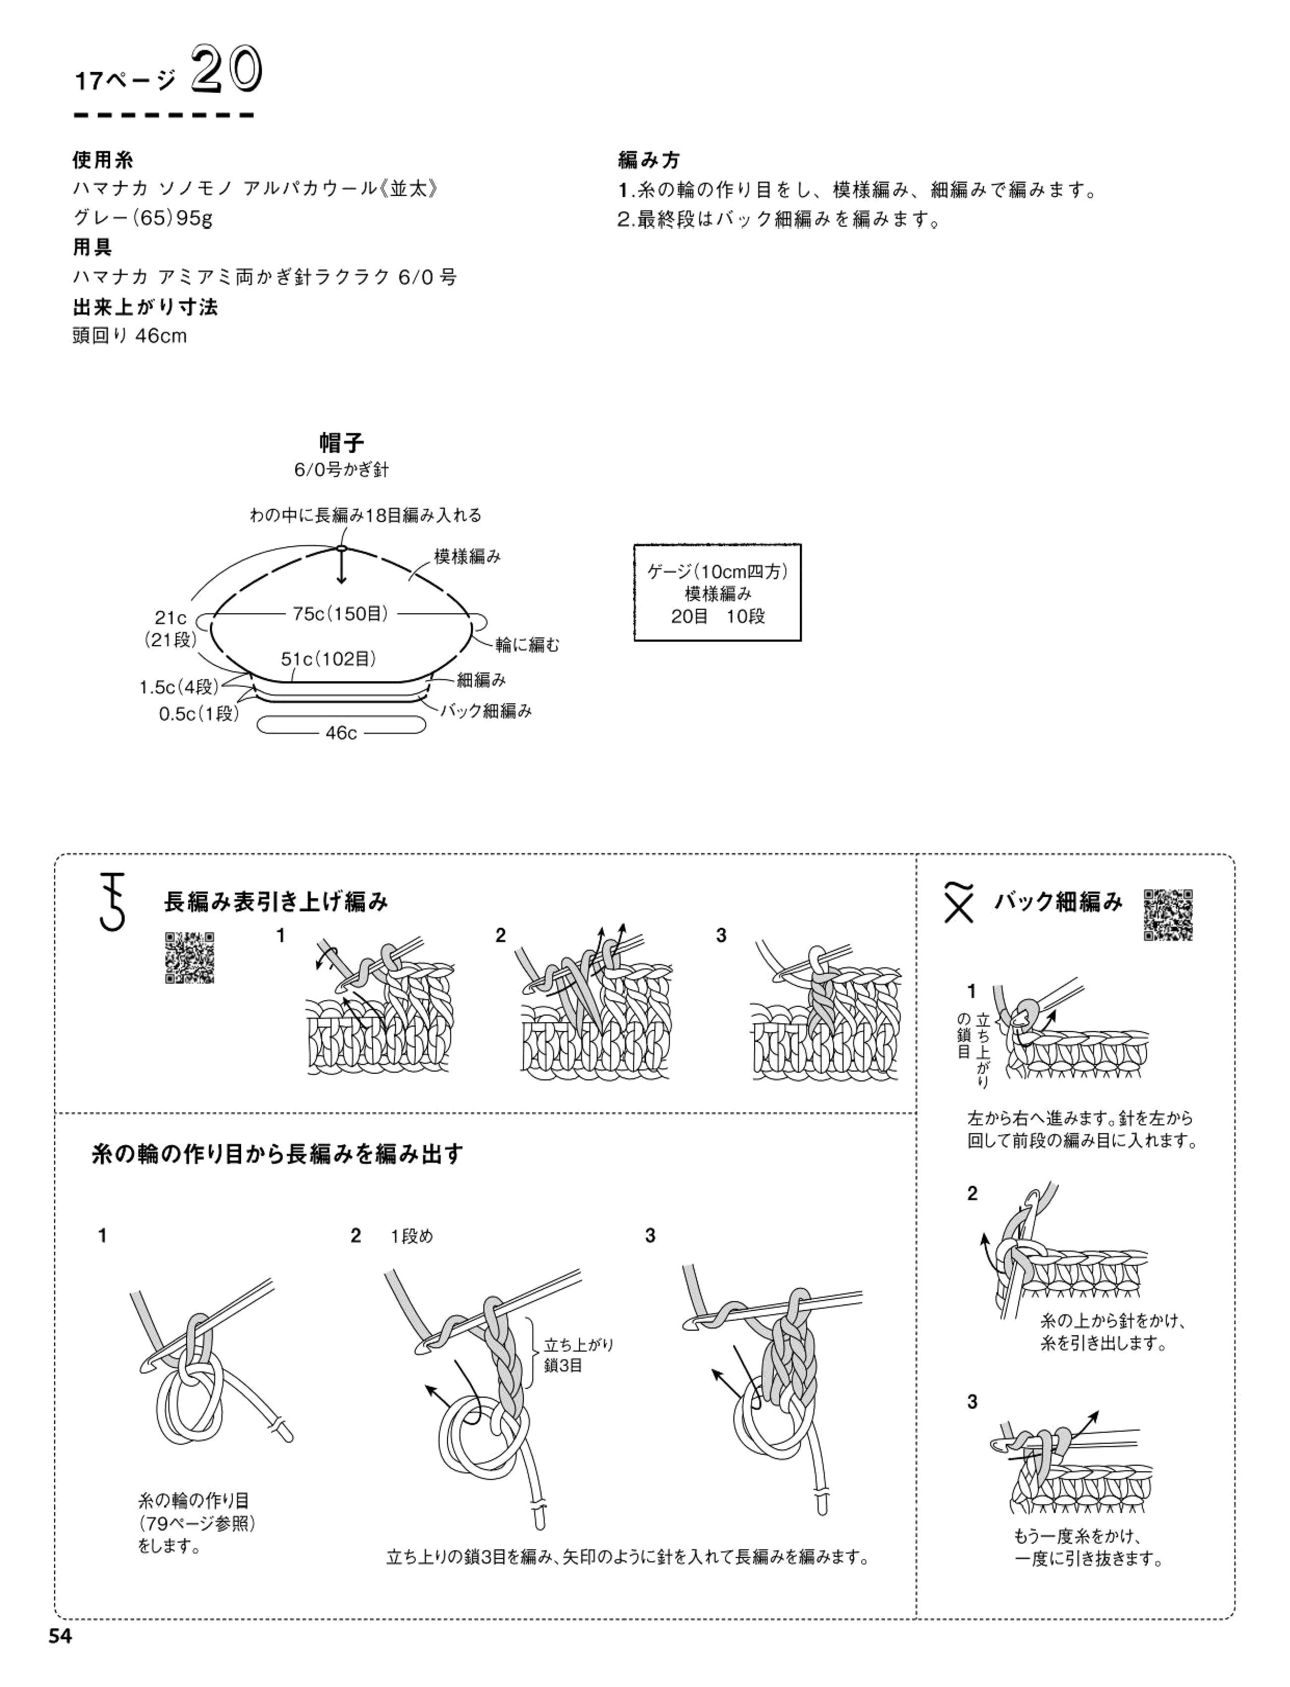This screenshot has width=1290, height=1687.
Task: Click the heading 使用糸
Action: (x=103, y=160)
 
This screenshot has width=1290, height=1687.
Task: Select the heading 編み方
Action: (x=649, y=160)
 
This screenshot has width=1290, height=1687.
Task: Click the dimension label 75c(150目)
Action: (x=340, y=614)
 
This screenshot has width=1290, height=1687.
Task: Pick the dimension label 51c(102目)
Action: (x=328, y=659)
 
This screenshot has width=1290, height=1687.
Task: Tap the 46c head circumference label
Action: (x=341, y=732)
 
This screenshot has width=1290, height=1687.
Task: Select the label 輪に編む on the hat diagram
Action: (x=527, y=645)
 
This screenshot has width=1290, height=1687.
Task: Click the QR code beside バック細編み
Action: (x=1168, y=914)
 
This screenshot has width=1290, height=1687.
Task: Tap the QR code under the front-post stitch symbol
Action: (x=190, y=958)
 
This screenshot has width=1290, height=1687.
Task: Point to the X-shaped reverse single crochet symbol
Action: (x=960, y=904)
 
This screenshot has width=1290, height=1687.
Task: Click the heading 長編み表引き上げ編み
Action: (x=276, y=902)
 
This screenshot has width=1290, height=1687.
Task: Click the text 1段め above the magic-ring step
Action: (x=412, y=1236)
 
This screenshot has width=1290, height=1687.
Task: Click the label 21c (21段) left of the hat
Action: (x=171, y=628)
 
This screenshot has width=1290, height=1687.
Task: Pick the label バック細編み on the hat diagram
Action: (x=485, y=711)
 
